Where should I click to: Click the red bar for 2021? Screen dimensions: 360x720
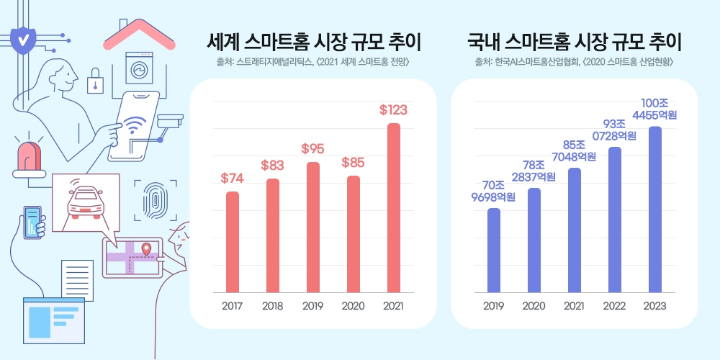[393, 208]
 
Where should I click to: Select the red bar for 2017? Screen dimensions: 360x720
[233, 242]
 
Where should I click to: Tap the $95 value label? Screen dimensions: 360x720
[312, 149]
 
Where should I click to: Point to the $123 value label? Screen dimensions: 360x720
[393, 110]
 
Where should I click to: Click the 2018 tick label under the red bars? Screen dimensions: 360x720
[272, 307]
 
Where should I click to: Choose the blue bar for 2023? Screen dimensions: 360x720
[654, 210]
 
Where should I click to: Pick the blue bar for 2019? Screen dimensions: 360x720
[493, 251]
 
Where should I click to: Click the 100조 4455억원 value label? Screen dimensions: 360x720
[654, 109]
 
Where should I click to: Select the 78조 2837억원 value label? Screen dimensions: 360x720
[534, 171]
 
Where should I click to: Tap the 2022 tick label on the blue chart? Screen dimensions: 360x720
[614, 307]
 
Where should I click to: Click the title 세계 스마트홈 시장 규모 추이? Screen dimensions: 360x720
[313, 41]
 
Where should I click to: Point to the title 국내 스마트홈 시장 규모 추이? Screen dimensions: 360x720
[574, 41]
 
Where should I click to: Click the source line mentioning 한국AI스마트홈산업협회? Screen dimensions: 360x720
[574, 62]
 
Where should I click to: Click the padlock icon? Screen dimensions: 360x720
[95, 83]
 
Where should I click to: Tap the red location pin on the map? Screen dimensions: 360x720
[147, 249]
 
